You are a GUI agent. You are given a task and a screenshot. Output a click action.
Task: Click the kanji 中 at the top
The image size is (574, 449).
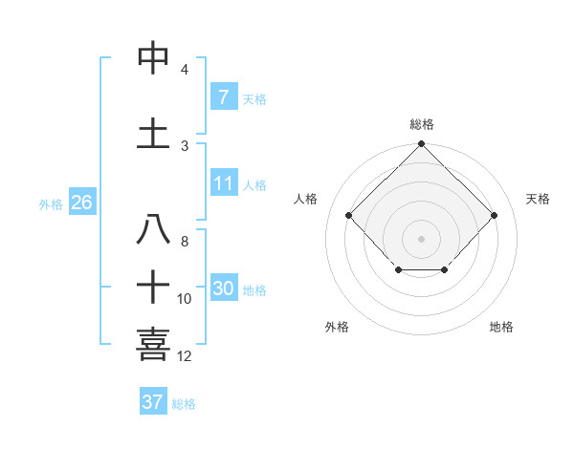click(x=154, y=59)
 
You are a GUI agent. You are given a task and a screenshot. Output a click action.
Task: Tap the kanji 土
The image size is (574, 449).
click(x=154, y=133)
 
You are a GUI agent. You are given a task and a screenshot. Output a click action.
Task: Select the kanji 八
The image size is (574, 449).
click(x=154, y=230)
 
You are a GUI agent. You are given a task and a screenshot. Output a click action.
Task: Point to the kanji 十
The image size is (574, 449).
click(x=154, y=287)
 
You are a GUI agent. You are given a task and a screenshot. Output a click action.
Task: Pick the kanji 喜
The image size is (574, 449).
click(x=154, y=344)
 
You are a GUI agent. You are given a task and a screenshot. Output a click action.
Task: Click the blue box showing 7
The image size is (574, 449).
click(x=223, y=97)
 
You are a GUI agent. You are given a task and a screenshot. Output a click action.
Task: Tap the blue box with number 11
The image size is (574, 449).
click(x=223, y=184)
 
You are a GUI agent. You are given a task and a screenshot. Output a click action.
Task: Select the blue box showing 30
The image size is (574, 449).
click(x=223, y=289)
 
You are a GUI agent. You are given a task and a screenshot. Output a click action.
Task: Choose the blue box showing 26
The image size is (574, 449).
click(x=81, y=203)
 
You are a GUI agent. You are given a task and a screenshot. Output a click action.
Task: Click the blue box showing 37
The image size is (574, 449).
click(x=152, y=402)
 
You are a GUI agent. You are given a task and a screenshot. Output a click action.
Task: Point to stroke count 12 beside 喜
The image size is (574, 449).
click(x=185, y=356)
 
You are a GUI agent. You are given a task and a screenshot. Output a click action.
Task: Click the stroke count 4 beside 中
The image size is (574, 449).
click(x=185, y=70)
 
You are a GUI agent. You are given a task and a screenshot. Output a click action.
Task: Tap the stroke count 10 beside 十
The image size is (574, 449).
click(x=185, y=299)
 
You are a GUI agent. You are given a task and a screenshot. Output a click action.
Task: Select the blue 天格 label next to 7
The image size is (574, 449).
click(x=254, y=99)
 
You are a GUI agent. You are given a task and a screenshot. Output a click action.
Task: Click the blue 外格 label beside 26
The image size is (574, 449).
click(x=50, y=204)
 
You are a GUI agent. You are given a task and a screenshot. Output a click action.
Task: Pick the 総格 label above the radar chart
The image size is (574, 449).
click(x=421, y=124)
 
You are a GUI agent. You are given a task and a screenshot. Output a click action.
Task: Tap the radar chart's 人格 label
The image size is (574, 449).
click(x=306, y=199)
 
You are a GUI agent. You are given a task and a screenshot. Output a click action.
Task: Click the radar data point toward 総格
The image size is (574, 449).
click(x=421, y=144)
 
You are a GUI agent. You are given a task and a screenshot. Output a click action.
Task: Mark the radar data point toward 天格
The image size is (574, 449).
click(x=494, y=215)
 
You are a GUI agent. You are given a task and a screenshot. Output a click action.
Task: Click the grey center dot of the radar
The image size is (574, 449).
click(x=421, y=238)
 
